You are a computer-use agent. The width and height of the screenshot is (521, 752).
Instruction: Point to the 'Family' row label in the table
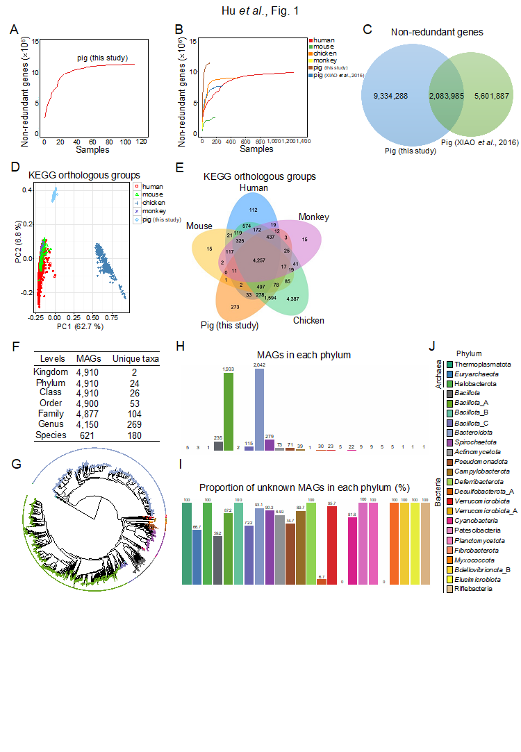(52, 413)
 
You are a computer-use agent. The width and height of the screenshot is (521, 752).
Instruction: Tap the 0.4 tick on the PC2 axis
(27, 190)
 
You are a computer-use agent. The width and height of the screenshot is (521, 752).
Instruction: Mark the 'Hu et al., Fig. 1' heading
(260, 12)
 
